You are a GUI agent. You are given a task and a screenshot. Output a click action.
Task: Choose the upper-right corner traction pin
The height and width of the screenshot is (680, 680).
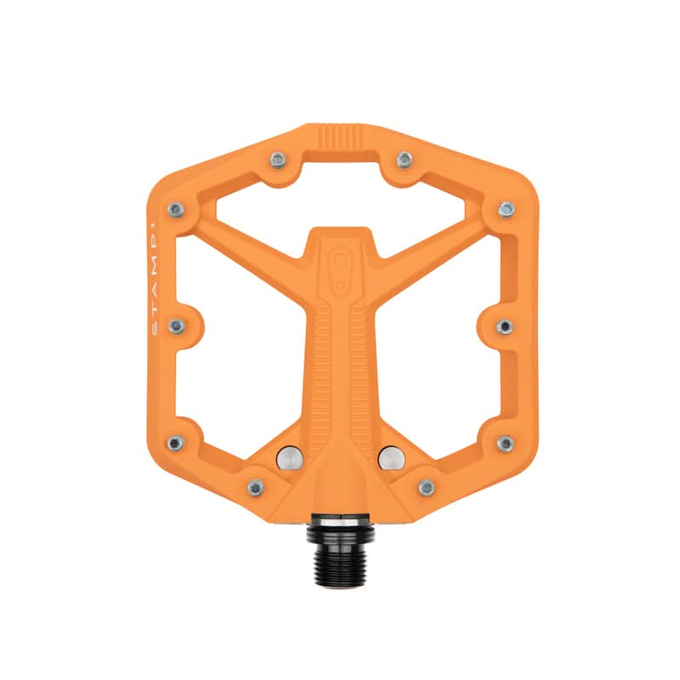(505, 207)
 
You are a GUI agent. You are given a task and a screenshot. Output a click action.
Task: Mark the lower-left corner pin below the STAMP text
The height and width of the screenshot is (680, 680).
(175, 442)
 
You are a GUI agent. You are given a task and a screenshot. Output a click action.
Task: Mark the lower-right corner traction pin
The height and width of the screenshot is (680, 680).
(505, 442)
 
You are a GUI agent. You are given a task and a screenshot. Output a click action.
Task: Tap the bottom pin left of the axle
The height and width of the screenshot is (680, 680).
(253, 487)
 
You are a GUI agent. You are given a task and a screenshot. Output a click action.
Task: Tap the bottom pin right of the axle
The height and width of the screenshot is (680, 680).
(427, 487)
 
